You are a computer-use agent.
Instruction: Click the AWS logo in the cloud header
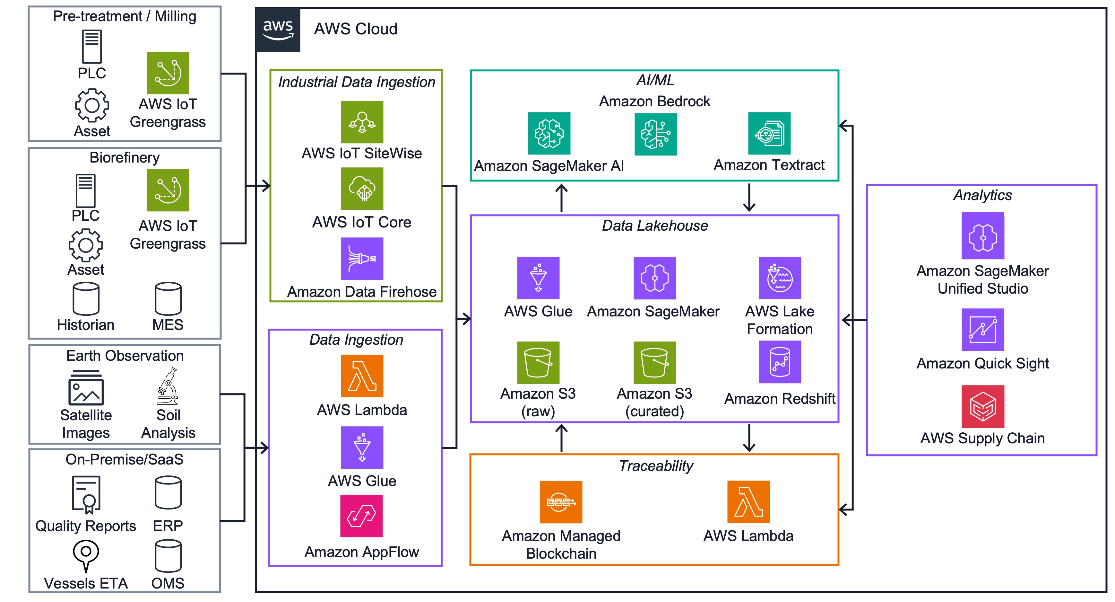pyautogui.click(x=278, y=30)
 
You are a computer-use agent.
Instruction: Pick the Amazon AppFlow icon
pyautogui.click(x=361, y=516)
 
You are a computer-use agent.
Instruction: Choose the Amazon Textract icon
pyautogui.click(x=769, y=133)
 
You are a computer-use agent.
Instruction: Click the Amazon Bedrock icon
pyautogui.click(x=655, y=134)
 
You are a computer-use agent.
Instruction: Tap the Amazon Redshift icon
pyautogui.click(x=780, y=362)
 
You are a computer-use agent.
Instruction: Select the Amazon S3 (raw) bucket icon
pyautogui.click(x=538, y=362)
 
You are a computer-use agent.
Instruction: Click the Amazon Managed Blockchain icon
pyautogui.click(x=561, y=502)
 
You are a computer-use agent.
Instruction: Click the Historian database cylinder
pyautogui.click(x=86, y=299)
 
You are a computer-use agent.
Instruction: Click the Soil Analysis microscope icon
pyautogui.click(x=168, y=386)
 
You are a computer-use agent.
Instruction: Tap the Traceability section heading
pyautogui.click(x=655, y=466)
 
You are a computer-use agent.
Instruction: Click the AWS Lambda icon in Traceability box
pyautogui.click(x=748, y=502)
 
